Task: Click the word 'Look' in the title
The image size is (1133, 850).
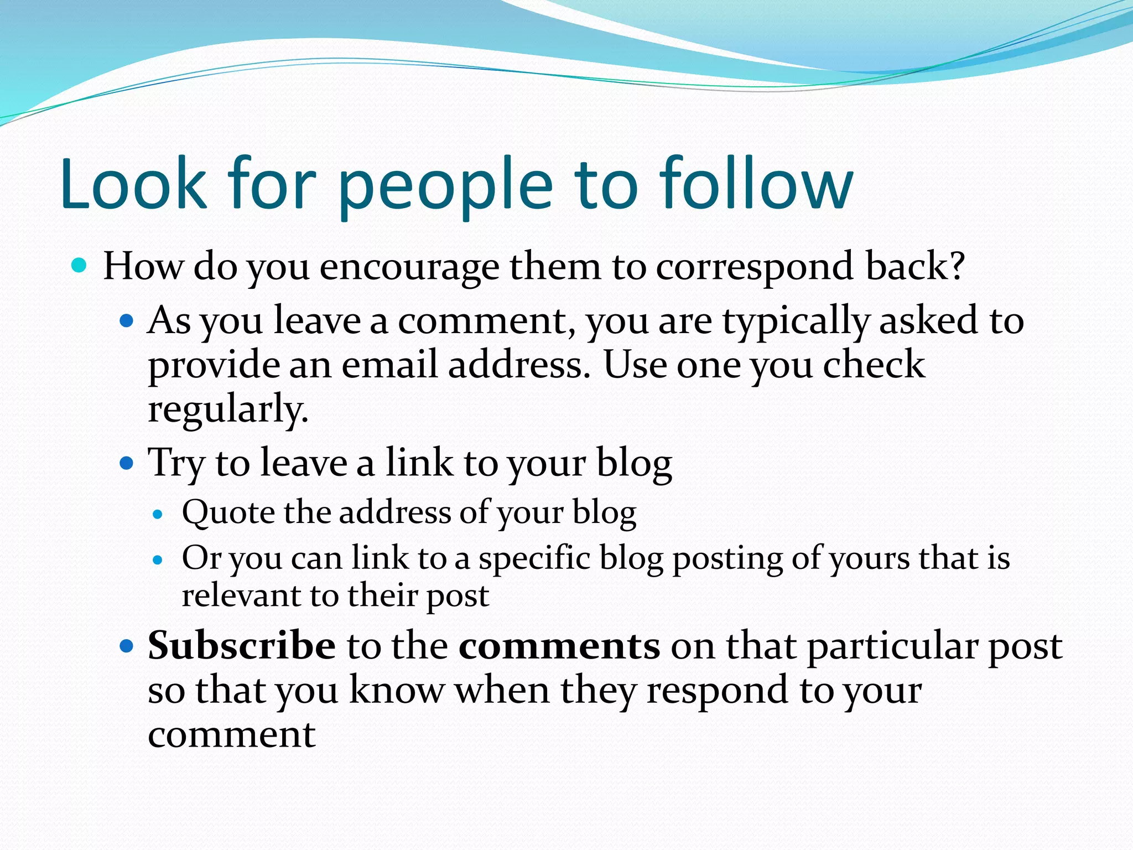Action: pyautogui.click(x=133, y=184)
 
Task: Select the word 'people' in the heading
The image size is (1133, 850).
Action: pyautogui.click(x=445, y=188)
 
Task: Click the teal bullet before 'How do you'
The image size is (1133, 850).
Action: pyautogui.click(x=80, y=266)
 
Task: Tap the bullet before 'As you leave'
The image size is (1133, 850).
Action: pyautogui.click(x=127, y=320)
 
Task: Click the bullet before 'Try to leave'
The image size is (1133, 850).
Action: pyautogui.click(x=127, y=463)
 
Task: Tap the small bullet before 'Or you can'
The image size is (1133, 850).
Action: pyautogui.click(x=158, y=560)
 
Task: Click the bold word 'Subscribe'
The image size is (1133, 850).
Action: pyautogui.click(x=242, y=646)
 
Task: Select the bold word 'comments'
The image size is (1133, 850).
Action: pyautogui.click(x=559, y=646)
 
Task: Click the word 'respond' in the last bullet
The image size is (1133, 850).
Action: pyautogui.click(x=718, y=692)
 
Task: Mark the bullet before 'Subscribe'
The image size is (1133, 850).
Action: pyautogui.click(x=127, y=645)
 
